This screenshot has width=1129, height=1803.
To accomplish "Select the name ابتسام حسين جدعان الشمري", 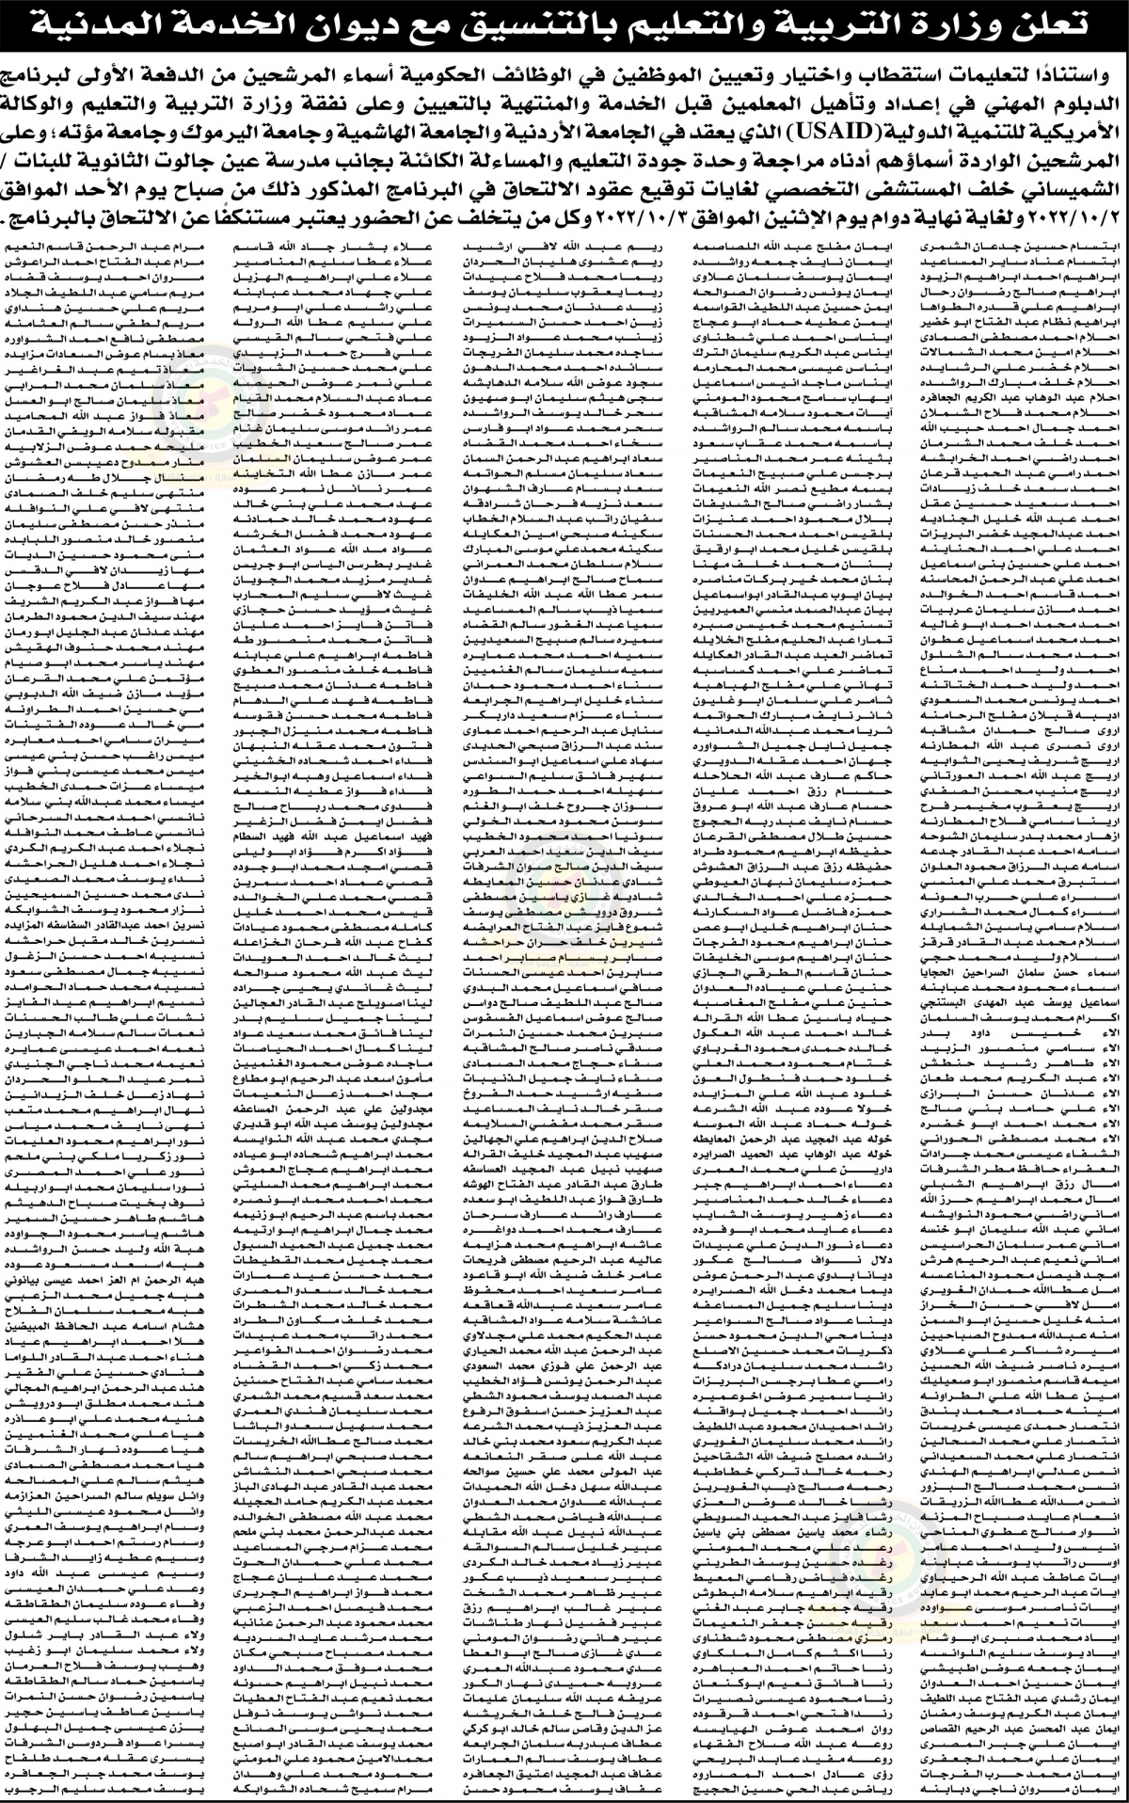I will pos(1021,245).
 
